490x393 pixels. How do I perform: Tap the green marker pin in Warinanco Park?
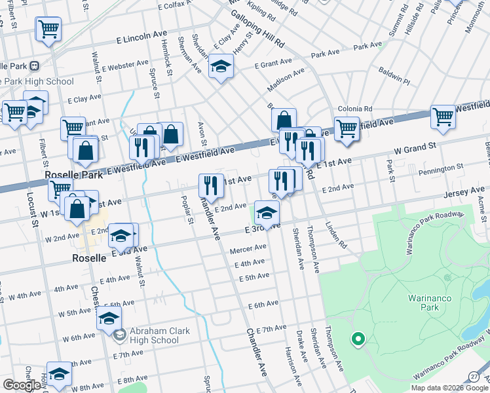pos(357,339)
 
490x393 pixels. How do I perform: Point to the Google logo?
pos(22,385)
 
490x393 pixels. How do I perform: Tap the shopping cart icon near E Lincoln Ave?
pos(49,29)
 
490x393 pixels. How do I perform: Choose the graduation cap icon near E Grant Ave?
pos(221,65)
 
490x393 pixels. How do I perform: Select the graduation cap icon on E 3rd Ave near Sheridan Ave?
pos(267,212)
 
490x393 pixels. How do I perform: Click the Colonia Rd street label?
pos(354,109)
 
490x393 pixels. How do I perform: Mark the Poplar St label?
pos(187,210)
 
